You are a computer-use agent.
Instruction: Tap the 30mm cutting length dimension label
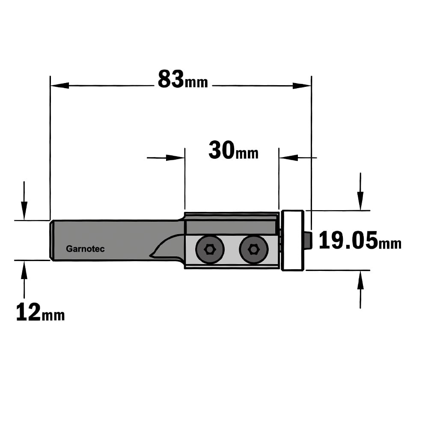[233, 150]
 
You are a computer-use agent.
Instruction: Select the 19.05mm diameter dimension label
[360, 240]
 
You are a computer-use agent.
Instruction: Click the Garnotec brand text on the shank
[85, 249]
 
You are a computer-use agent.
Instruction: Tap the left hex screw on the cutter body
[210, 249]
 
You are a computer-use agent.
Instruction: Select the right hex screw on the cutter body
[253, 249]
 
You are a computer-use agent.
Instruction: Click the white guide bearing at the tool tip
[293, 241]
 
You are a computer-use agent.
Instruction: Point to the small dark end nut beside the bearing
[308, 241]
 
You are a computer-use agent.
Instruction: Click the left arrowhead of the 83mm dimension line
[59, 86]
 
